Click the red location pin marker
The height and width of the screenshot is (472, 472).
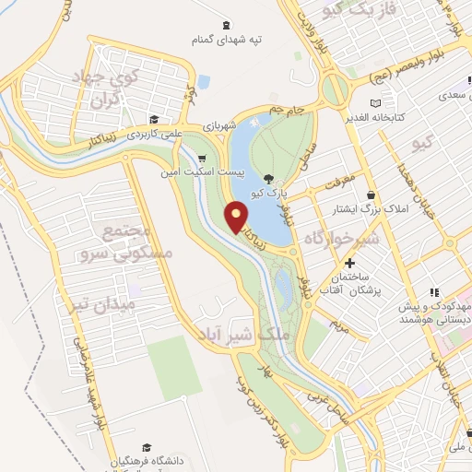pyautogui.click(x=237, y=216)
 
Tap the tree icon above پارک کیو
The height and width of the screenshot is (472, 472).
pyautogui.click(x=267, y=179)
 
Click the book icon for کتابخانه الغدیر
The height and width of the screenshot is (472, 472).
pyautogui.click(x=373, y=102)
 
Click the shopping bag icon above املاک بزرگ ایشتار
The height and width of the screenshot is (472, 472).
pyautogui.click(x=370, y=195)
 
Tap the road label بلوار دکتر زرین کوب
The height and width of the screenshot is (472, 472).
pyautogui.click(x=261, y=410)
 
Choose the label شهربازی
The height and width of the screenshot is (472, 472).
pyautogui.click(x=247, y=123)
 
